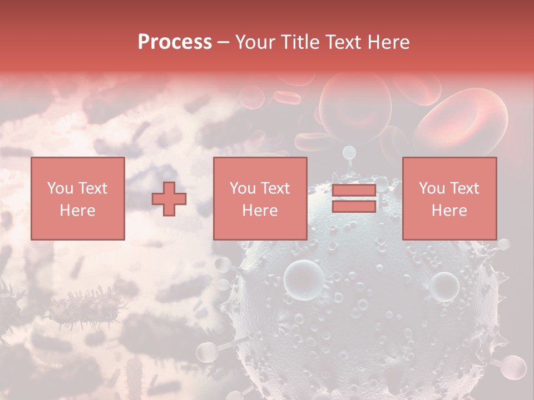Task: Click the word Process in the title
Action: tap(175, 42)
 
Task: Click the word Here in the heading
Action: tap(389, 42)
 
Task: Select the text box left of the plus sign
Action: tap(78, 198)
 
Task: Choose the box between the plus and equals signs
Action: tap(260, 198)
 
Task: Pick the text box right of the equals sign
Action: tap(449, 198)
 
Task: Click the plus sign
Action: tap(169, 199)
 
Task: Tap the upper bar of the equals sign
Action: tap(354, 191)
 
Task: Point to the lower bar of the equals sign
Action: tap(354, 206)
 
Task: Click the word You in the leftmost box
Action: tap(60, 188)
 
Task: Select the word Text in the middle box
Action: tap(276, 188)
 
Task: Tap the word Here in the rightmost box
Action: tap(449, 211)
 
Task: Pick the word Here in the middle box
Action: tap(260, 211)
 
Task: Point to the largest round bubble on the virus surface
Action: tap(304, 276)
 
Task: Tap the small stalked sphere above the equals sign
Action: tap(349, 152)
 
